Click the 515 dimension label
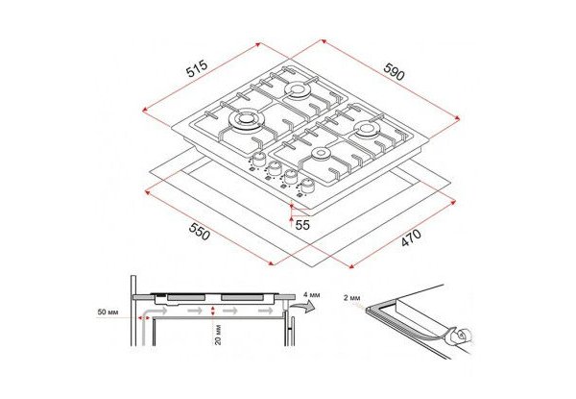(x=197, y=68)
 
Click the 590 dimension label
(x=394, y=71)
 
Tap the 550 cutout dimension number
(x=199, y=232)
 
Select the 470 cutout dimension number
(x=411, y=237)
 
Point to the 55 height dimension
(x=302, y=225)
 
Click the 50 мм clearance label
(x=108, y=312)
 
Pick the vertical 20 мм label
(x=218, y=335)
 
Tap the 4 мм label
(x=312, y=295)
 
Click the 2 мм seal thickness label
(x=352, y=298)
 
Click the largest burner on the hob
(x=246, y=120)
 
